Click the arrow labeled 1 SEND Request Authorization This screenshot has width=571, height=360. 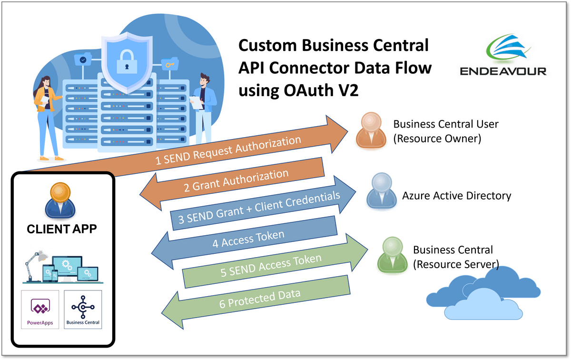click(x=228, y=150)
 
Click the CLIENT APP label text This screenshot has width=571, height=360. click(x=62, y=229)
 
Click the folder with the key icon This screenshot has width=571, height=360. click(x=168, y=64)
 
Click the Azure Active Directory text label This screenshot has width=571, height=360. click(x=456, y=196)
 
